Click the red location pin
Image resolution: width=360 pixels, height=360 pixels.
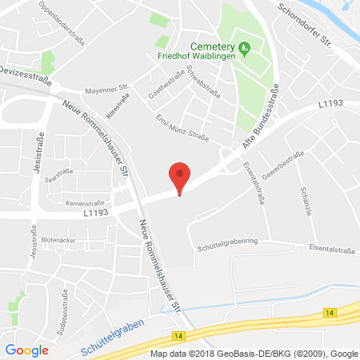(x=181, y=175)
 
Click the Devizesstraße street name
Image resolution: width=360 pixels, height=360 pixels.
(x=30, y=69)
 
